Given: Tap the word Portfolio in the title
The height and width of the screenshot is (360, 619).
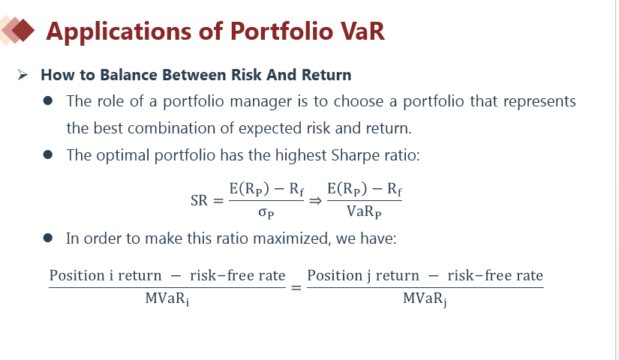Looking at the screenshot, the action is [x=282, y=31].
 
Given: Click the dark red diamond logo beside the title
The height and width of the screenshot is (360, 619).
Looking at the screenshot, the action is [x=23, y=30].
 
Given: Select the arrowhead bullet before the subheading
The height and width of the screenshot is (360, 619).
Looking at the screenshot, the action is [x=23, y=74].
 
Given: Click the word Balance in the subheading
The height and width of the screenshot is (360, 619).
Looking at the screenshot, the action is [x=128, y=74].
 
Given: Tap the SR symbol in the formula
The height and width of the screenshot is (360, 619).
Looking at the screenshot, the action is [x=199, y=200].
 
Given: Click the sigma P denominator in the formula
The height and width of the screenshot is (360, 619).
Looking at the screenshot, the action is [x=266, y=213].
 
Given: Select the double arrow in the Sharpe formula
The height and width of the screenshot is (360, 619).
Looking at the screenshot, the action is [x=315, y=201].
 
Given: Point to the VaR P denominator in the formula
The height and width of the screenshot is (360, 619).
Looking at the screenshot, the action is [x=364, y=212].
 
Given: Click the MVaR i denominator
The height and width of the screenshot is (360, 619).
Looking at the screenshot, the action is [x=167, y=298].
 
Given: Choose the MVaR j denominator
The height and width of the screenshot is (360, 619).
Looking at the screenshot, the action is [x=425, y=298].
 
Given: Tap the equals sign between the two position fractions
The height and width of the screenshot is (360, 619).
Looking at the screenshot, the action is [x=296, y=288].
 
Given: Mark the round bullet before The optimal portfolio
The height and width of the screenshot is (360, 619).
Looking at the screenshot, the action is [x=48, y=154].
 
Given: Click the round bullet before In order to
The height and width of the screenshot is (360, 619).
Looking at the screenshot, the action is [x=48, y=238].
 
